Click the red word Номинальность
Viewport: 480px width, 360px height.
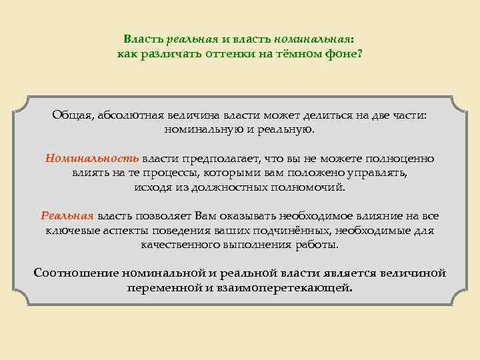tap(92, 159)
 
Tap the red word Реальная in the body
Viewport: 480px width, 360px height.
tap(67, 216)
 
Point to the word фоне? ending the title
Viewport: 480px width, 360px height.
tap(343, 53)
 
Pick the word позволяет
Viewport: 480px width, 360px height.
tap(165, 216)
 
